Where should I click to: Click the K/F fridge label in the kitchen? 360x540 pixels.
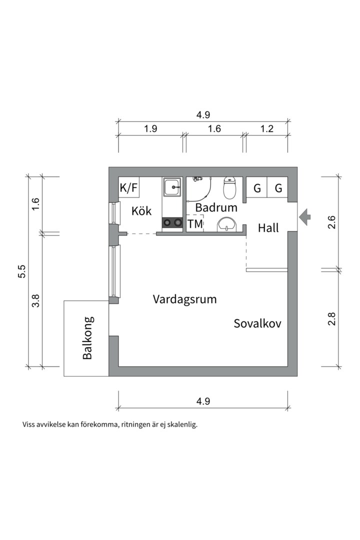[x=128, y=188]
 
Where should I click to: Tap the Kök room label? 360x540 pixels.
[x=141, y=211]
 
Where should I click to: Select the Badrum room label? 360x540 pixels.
[x=216, y=207]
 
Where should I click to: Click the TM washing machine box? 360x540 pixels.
[x=195, y=224]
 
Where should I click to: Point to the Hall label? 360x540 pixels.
[x=268, y=228]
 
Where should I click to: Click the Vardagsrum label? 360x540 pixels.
[x=185, y=299]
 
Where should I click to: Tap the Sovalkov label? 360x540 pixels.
[x=257, y=323]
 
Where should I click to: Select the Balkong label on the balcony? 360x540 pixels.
[x=88, y=338]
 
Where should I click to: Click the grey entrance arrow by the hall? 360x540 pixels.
[x=304, y=217]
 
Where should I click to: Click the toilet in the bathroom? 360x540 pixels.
[x=229, y=187]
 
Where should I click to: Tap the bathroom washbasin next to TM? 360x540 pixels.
[x=227, y=225]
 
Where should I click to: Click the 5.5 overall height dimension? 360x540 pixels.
[x=21, y=271]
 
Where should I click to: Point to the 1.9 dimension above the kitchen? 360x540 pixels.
[x=150, y=128]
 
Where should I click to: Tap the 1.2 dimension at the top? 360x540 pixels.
[x=267, y=128]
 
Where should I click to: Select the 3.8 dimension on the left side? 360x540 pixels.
[x=35, y=300]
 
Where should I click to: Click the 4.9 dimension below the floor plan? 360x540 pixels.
[x=203, y=401]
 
